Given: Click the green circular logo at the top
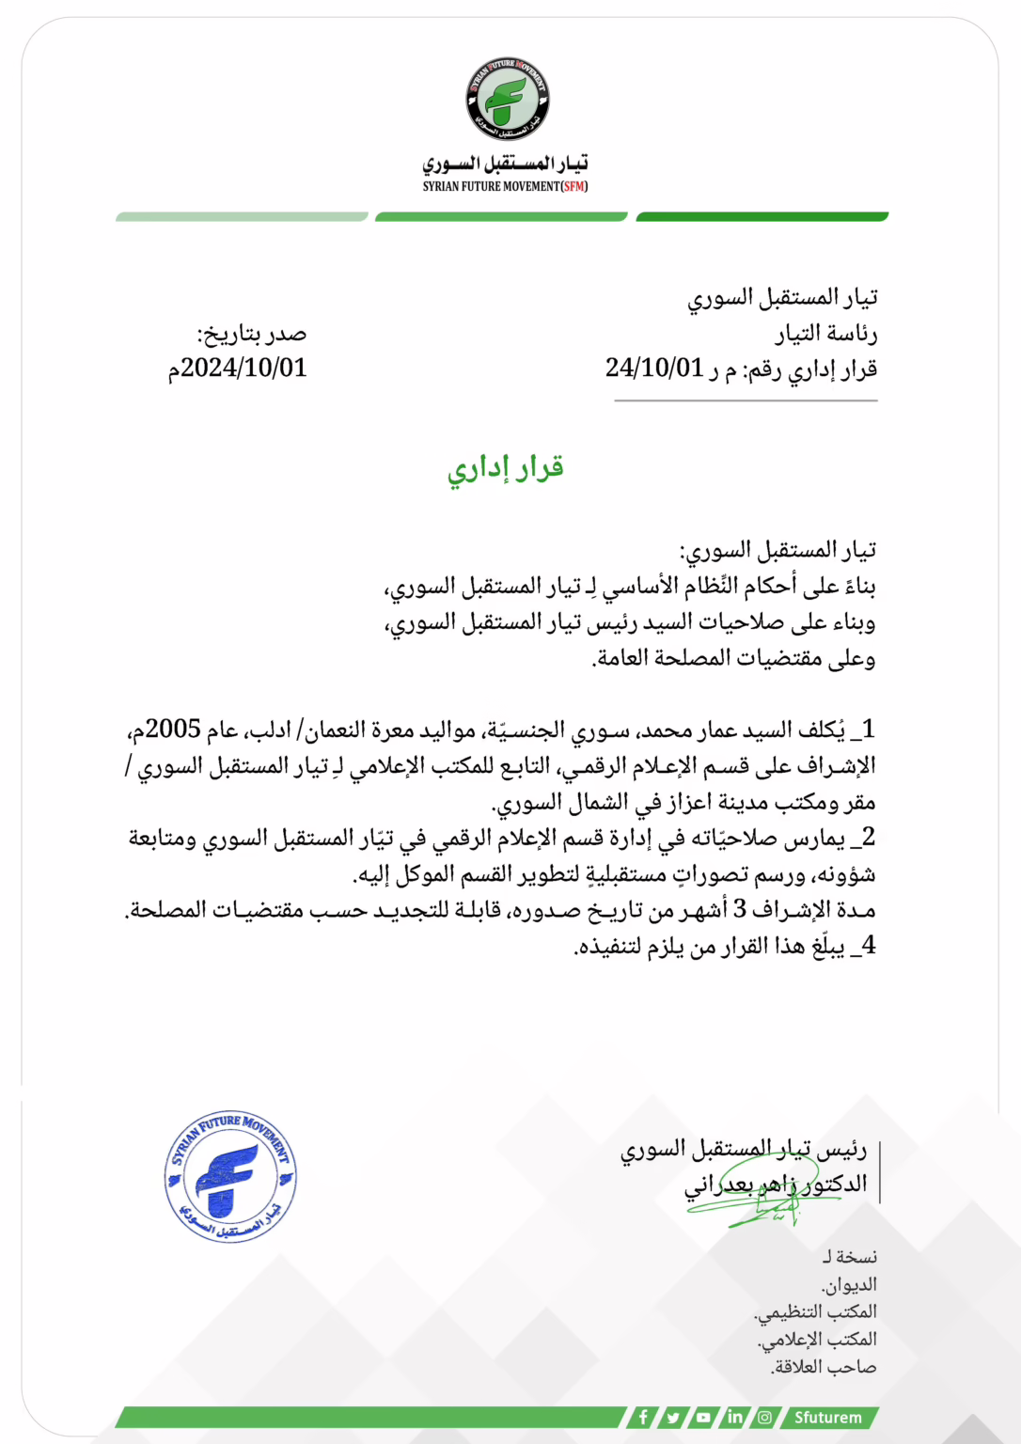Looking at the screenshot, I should [x=508, y=100].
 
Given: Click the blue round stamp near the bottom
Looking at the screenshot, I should [x=230, y=1176].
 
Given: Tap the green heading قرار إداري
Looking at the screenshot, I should [x=506, y=468].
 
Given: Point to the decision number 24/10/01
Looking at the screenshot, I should [x=654, y=368].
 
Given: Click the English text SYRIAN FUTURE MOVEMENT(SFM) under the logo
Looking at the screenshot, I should [x=505, y=186].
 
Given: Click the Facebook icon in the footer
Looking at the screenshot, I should [x=644, y=1417].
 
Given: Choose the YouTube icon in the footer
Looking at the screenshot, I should [x=704, y=1417].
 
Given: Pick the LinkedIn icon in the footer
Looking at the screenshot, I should [x=735, y=1417].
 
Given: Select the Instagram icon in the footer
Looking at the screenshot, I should [x=765, y=1417].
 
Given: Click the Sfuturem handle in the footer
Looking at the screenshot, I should [x=827, y=1418].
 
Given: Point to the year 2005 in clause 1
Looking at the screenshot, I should [x=174, y=730].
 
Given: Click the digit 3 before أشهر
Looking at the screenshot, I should [x=740, y=909].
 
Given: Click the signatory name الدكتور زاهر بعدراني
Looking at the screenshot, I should [x=776, y=1185].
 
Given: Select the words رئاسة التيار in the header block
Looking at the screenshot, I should [x=826, y=334].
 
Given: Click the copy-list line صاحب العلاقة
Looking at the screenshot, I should [x=824, y=1367].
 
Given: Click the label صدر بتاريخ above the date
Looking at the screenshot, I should [x=252, y=334].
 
